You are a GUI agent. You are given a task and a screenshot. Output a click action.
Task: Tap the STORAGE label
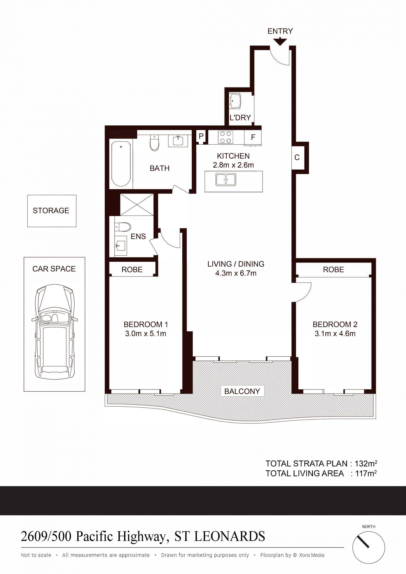pyautogui.click(x=51, y=211)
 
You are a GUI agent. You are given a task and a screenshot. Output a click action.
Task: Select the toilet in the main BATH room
pyautogui.click(x=154, y=143)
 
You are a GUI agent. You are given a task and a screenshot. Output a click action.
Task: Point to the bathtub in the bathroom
pyautogui.click(x=121, y=164)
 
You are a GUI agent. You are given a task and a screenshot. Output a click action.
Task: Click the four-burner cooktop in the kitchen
pyautogui.click(x=225, y=137)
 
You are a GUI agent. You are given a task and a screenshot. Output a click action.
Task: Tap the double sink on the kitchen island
pyautogui.click(x=226, y=180)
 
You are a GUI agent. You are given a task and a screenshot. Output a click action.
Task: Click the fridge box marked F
pyautogui.click(x=253, y=137)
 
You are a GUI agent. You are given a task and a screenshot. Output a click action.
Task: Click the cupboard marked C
pyautogui.click(x=297, y=158)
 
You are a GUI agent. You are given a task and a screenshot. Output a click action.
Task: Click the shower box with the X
pyautogui.click(x=137, y=204)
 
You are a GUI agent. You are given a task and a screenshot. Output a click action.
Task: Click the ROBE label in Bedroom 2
pyautogui.click(x=333, y=270)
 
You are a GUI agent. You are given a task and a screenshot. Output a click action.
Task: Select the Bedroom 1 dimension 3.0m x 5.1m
pyautogui.click(x=145, y=334)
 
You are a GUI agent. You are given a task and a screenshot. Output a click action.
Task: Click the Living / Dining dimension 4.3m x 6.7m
pyautogui.click(x=236, y=273)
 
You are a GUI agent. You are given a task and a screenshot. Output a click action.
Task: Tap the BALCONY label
pyautogui.click(x=242, y=391)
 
